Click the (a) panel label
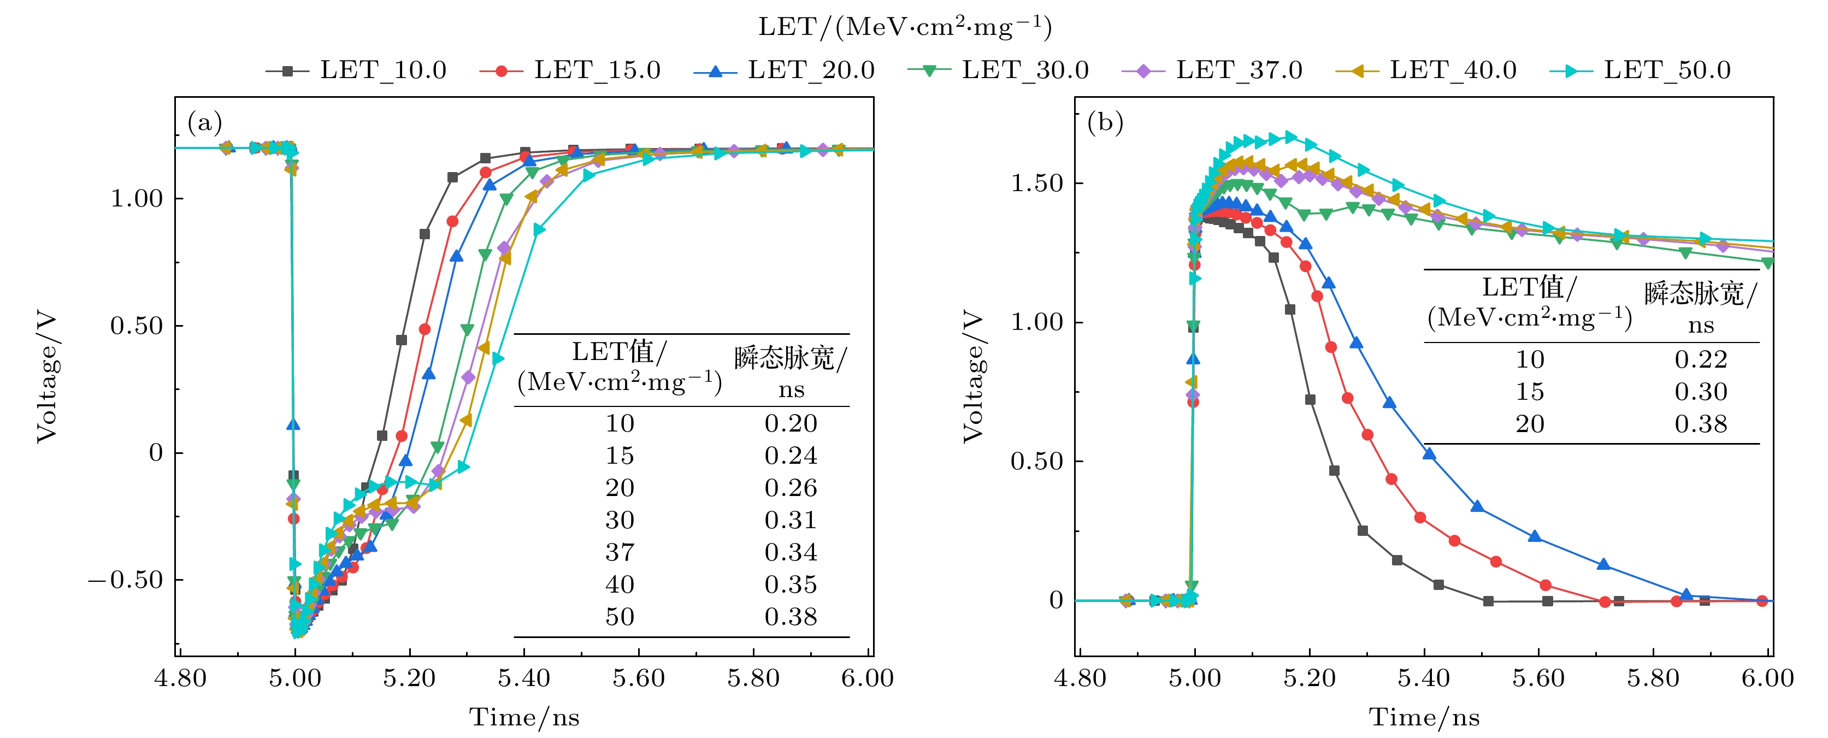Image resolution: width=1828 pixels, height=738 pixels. coord(204,123)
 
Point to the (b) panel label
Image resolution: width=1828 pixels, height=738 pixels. coord(1105,123)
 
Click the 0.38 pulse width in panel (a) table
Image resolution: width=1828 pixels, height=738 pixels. coord(791,617)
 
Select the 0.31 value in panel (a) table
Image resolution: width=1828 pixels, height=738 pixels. coord(791,520)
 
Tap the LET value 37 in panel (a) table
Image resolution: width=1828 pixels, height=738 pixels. coord(620,552)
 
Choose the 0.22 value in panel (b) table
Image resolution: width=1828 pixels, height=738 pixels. coord(1700,360)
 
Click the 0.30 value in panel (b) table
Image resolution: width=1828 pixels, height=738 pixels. coord(1700,392)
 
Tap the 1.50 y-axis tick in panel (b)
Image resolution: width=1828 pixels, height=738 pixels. coord(1037,183)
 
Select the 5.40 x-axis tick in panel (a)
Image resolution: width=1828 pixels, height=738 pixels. coord(524,678)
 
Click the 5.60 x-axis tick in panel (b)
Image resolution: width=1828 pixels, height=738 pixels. coord(1538,678)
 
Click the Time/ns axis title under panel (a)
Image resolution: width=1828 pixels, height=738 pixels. coord(524,717)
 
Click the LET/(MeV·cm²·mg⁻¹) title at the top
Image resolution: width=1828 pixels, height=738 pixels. coord(905,27)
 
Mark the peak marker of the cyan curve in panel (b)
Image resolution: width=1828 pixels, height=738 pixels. coord(1289,137)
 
